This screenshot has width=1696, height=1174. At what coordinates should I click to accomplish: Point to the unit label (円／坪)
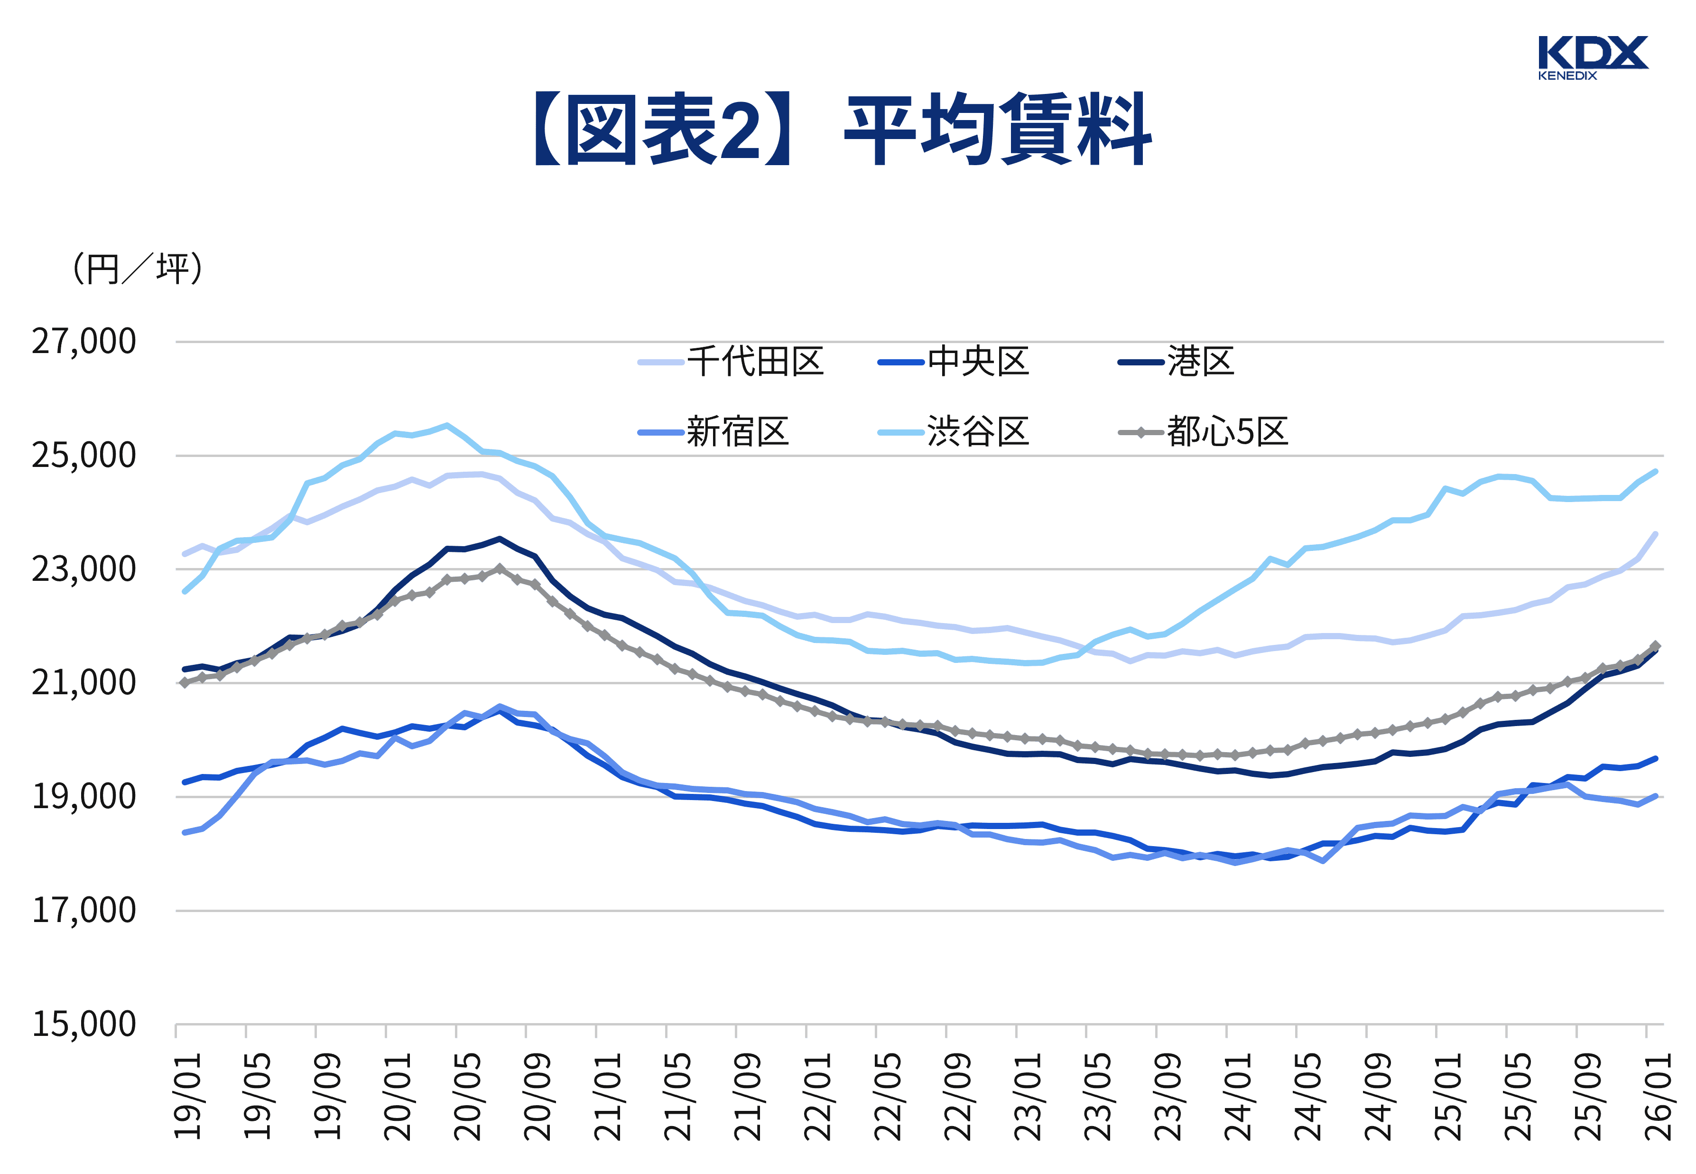(137, 269)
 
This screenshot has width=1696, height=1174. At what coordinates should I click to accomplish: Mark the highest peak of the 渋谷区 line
(446, 425)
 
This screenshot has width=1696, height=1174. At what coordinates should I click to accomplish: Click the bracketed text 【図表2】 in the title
(662, 130)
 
